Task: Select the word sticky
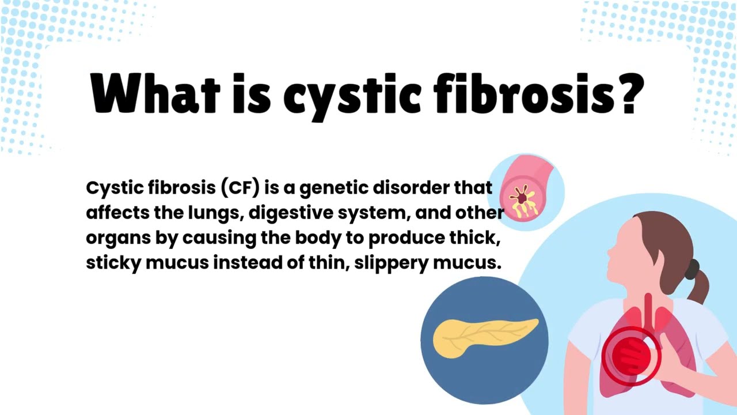pyautogui.click(x=113, y=263)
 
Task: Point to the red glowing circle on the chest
pyautogui.click(x=630, y=356)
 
